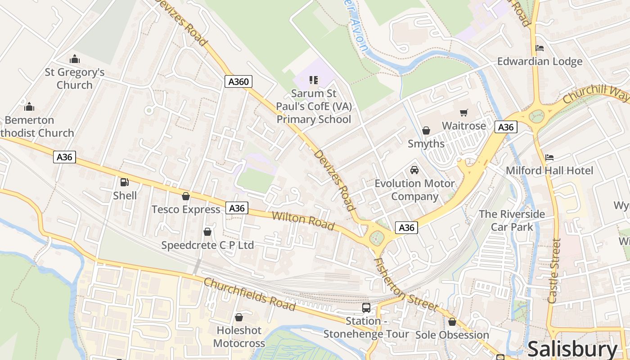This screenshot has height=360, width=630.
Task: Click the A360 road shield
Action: pyautogui.click(x=238, y=81)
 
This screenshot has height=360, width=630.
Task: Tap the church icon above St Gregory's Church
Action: pyautogui.click(x=75, y=58)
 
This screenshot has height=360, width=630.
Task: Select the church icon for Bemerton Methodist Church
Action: pyautogui.click(x=29, y=107)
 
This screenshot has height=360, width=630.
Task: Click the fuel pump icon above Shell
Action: pyautogui.click(x=125, y=182)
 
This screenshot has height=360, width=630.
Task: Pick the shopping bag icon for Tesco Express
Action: pyautogui.click(x=185, y=196)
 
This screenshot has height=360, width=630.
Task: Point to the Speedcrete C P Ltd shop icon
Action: pyautogui.click(x=207, y=232)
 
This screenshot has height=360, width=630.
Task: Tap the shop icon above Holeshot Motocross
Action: pyautogui.click(x=239, y=317)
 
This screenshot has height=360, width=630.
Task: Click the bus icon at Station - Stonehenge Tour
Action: pyautogui.click(x=366, y=308)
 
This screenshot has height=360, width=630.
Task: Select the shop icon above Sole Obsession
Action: pyautogui.click(x=452, y=322)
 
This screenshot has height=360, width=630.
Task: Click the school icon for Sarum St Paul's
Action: pyautogui.click(x=314, y=80)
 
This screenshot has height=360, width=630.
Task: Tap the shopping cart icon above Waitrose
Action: pyautogui.click(x=463, y=112)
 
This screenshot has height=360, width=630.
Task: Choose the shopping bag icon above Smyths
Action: pyautogui.click(x=426, y=130)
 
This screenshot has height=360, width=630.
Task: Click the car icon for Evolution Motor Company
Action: pyautogui.click(x=414, y=170)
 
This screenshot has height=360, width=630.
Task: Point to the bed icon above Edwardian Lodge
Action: pyautogui.click(x=540, y=48)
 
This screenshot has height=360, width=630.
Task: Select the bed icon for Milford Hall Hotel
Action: pyautogui.click(x=549, y=157)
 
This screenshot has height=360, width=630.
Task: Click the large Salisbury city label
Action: pyautogui.click(x=572, y=349)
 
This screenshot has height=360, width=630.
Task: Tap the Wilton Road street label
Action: pyautogui.click(x=303, y=220)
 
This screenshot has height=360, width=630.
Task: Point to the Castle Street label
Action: pyautogui.click(x=554, y=270)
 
